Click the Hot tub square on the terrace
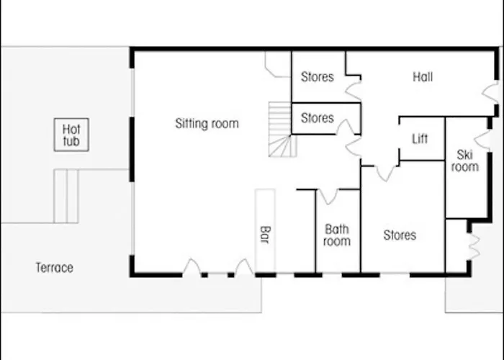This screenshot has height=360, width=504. coord(71,135)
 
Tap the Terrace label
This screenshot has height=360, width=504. coord(55,268)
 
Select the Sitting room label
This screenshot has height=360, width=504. coord(207,124)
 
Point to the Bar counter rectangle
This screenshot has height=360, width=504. coord(265,230)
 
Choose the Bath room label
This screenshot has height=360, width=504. coord(336,235)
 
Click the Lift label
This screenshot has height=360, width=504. coord(420,138)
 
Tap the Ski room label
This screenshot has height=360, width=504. coord(464,160)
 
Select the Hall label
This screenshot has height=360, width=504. coord(423,77)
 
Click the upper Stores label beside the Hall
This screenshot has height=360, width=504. coord(318,76)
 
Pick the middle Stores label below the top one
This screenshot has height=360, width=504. coord(318,117)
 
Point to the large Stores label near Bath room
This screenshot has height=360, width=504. coord(400,235)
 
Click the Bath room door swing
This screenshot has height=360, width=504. coord(328,196)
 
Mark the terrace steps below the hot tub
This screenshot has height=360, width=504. coord(66,196)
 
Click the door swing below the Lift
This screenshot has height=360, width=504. coord(385,171)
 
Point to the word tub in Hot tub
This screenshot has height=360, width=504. coord(71,141)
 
